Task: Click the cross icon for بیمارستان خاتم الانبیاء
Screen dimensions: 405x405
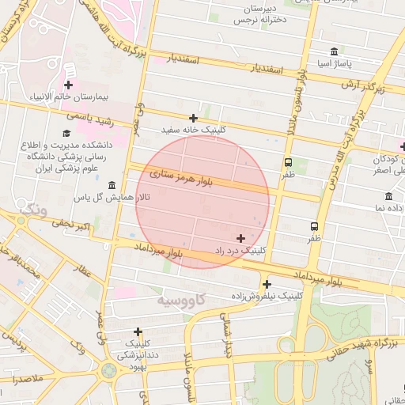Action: (69, 85)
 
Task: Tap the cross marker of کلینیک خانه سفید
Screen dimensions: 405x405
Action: (193, 118)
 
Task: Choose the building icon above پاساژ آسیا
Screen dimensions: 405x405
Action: (335, 51)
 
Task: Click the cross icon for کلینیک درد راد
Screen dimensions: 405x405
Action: (240, 238)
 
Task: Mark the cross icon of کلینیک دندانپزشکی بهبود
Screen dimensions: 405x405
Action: (138, 332)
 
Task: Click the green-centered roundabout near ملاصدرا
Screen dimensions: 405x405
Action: (108, 370)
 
